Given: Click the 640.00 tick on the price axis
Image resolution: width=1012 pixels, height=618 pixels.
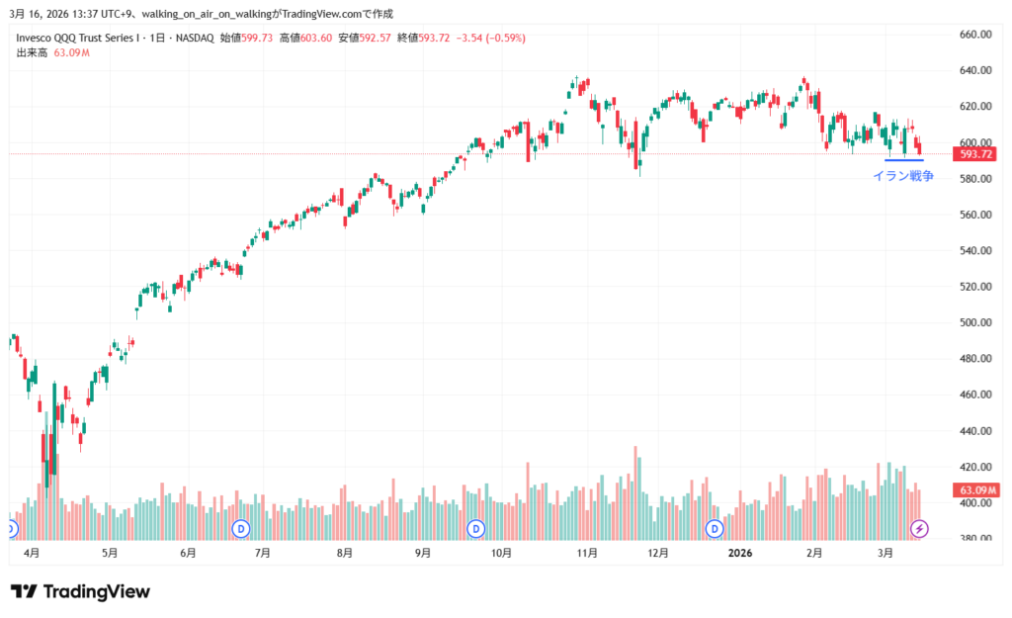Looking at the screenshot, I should [974, 70].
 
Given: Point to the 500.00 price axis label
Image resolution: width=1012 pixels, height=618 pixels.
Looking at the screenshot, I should [974, 322].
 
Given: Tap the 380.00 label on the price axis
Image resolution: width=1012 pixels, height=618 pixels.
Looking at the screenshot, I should [974, 539].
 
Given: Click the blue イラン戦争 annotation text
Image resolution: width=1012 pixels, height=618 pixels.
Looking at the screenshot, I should [902, 176].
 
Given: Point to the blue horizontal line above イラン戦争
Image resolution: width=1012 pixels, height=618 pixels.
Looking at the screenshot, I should [903, 160].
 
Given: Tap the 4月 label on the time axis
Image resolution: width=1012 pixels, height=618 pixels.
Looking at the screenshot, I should [31, 553].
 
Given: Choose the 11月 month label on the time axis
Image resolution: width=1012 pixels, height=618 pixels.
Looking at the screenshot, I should [587, 553].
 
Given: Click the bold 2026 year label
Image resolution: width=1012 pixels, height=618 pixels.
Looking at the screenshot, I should [741, 553].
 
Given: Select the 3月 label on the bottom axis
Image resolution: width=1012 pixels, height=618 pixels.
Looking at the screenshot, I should [885, 553].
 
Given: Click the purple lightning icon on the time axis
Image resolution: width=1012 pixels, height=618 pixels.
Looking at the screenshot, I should [919, 529].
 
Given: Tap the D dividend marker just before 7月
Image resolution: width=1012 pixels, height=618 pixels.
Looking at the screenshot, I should [241, 529].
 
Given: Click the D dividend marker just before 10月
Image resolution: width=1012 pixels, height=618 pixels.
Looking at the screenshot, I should [476, 529].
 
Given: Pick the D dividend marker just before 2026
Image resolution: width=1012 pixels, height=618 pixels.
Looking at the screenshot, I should [716, 529].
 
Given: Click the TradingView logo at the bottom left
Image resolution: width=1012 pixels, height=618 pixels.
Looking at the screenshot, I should [81, 591].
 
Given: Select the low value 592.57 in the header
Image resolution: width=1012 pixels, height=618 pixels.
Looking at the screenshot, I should [375, 38].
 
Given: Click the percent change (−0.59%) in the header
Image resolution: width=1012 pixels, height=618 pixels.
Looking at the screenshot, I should [506, 38].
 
